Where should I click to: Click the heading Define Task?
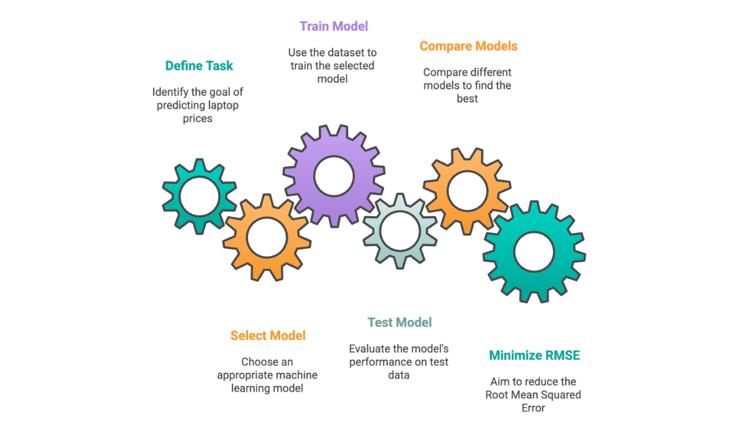click(199, 65)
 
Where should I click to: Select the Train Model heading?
click(334, 26)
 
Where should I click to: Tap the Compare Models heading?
click(468, 46)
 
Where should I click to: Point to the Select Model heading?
click(268, 336)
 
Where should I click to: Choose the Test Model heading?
click(399, 323)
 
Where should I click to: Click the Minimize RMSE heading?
click(534, 355)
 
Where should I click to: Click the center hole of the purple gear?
click(334, 176)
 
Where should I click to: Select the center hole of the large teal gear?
click(534, 252)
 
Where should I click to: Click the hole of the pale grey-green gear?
click(400, 231)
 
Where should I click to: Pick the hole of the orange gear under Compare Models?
click(467, 191)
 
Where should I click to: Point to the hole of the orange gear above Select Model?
click(267, 236)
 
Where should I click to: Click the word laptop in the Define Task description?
click(223, 105)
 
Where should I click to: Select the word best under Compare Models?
click(467, 98)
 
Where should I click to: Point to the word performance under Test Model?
click(378, 362)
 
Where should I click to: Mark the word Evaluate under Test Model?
click(370, 349)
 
